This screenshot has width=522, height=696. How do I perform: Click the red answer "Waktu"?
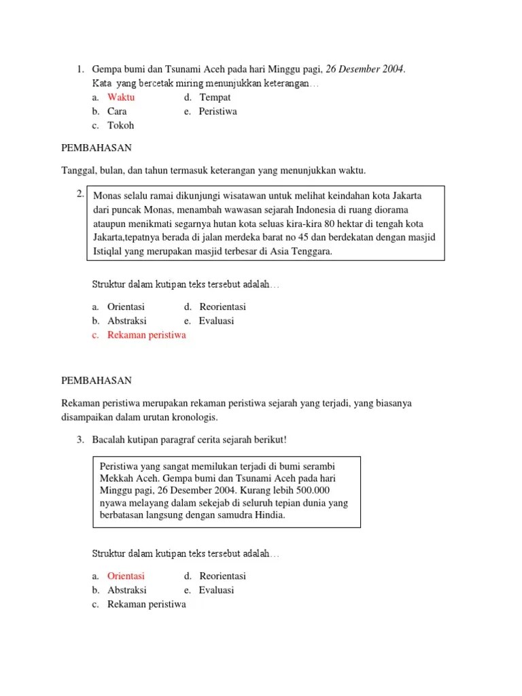(x=121, y=97)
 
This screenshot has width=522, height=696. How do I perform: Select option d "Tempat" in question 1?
(x=215, y=97)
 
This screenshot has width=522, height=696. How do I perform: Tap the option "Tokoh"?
(x=120, y=125)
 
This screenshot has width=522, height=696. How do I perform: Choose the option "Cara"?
(x=117, y=111)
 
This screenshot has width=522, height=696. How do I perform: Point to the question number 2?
(x=80, y=194)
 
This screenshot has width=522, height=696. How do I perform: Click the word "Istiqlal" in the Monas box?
(x=109, y=251)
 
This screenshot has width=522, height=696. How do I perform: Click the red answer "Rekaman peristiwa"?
(x=146, y=335)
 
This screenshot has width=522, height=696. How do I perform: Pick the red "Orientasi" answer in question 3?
(x=126, y=576)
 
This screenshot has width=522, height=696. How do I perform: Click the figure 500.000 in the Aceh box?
(x=316, y=489)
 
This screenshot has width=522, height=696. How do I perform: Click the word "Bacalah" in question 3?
(x=109, y=440)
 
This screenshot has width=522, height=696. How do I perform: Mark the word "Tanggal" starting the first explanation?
(x=78, y=170)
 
